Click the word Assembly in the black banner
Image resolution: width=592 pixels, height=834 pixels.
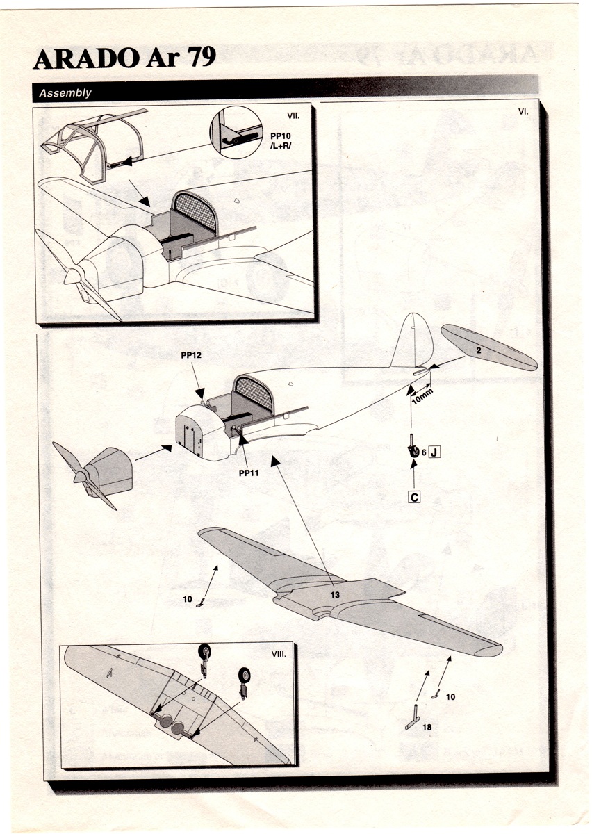[65, 93]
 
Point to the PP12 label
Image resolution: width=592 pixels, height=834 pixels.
[191, 354]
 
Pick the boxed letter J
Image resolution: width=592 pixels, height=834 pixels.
[434, 453]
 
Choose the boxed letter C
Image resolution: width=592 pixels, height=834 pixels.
[414, 497]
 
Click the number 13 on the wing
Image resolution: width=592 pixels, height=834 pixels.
[335, 594]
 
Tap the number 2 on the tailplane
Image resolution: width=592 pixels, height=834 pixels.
[479, 352]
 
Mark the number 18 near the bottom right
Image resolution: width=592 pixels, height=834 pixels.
[427, 727]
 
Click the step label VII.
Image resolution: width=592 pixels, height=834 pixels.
[293, 114]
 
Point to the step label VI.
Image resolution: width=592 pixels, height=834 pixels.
[524, 111]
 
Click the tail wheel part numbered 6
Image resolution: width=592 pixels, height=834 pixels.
[413, 450]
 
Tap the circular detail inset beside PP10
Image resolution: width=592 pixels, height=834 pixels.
[236, 132]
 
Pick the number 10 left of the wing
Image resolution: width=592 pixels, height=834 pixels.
[188, 598]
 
